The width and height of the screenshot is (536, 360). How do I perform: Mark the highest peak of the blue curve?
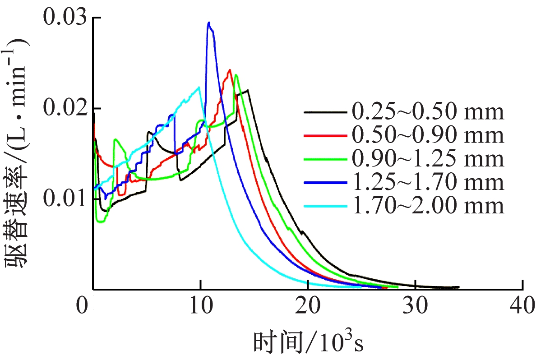click(x=208, y=22)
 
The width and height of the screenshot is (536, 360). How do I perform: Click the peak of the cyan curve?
click(x=199, y=87)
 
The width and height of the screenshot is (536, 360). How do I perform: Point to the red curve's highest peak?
click(x=230, y=69)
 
